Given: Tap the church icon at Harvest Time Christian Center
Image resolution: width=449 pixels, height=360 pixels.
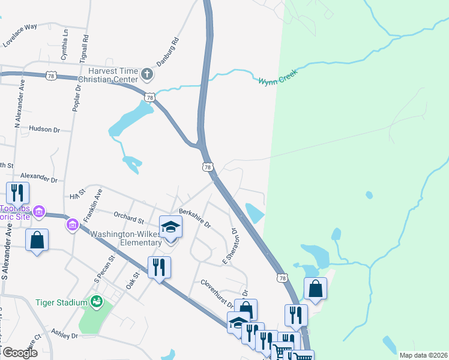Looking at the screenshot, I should [x=147, y=75].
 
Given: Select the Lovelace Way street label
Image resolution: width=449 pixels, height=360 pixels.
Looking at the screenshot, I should [x=19, y=27].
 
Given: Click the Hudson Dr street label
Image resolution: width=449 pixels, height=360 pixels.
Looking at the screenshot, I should [x=44, y=129].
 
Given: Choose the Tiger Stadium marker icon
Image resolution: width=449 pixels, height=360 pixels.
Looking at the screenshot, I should [x=95, y=301].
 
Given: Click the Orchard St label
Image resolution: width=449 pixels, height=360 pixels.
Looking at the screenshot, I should [x=130, y=217].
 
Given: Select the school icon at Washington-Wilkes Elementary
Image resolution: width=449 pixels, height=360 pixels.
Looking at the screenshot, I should [x=170, y=228].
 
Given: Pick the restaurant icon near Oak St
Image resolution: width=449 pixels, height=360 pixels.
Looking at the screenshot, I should [x=159, y=267].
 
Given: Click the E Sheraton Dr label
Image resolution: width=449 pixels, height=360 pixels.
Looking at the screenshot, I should [x=231, y=247].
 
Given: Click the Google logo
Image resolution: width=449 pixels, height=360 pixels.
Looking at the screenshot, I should [x=20, y=353].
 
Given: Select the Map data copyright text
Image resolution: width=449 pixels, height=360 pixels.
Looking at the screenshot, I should [x=423, y=355].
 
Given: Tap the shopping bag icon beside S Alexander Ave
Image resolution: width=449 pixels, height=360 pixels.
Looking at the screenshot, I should [x=37, y=239].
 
